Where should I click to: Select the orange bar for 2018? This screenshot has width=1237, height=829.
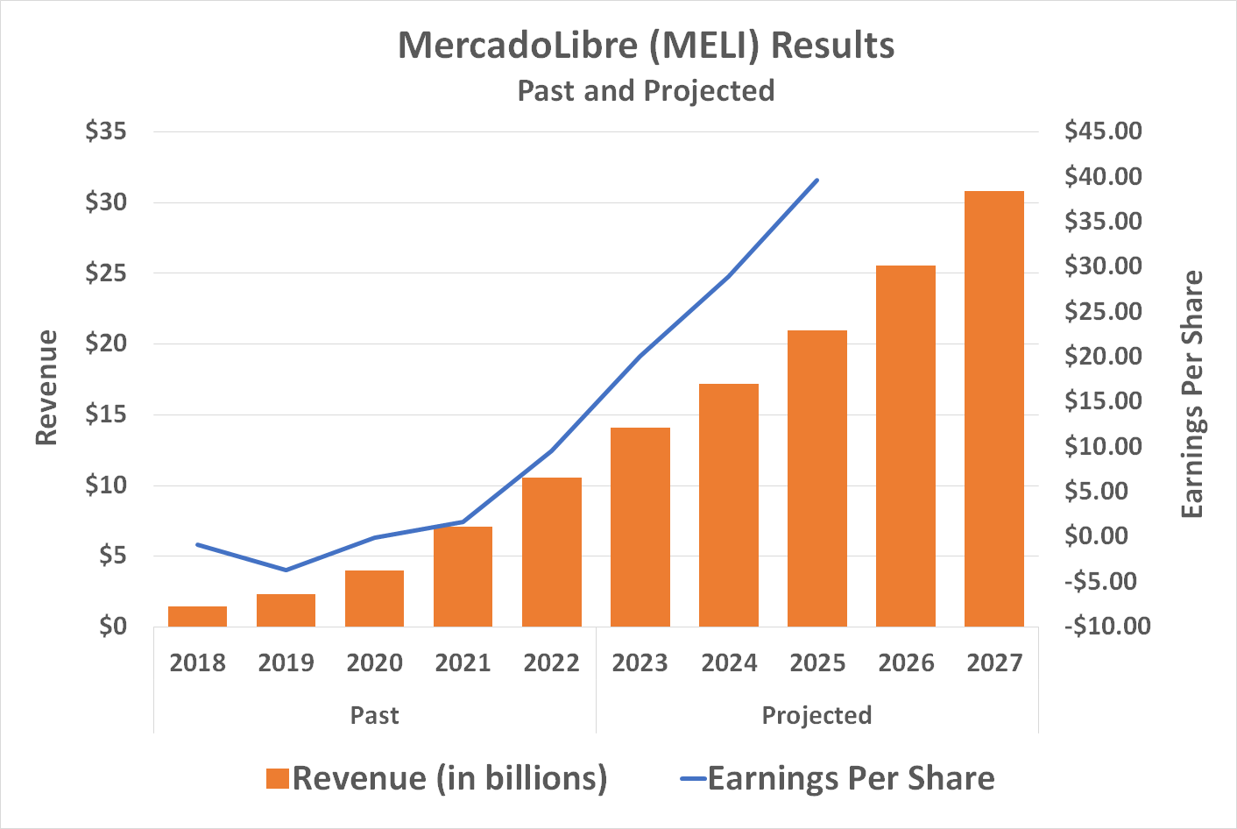197,616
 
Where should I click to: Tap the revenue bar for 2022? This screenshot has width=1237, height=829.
551,552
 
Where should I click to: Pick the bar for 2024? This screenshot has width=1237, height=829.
728,505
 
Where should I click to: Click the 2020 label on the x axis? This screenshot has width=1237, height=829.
374,663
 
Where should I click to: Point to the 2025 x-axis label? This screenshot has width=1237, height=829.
817,663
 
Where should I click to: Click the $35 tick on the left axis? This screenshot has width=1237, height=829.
106,131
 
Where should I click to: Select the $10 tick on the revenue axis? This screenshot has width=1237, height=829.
106,485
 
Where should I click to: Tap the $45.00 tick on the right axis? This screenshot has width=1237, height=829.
1103,131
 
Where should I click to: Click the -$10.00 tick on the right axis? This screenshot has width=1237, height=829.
1106,626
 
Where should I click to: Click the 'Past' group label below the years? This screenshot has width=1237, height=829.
374,715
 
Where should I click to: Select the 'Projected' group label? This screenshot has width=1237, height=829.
816,715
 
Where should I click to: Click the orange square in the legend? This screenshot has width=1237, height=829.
278,778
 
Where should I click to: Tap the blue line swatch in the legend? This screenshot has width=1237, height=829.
693,778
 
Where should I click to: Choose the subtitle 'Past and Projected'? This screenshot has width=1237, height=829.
646,90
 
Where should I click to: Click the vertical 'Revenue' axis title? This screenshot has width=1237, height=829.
46,387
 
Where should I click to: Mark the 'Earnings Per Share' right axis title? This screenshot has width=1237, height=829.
1192,394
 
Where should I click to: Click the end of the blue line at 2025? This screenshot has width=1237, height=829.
817,181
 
